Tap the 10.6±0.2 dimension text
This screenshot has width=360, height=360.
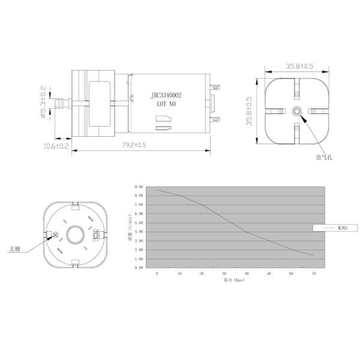pos(56,146)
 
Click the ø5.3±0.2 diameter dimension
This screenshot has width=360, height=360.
pos(43,103)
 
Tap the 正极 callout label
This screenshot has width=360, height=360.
pos(15,248)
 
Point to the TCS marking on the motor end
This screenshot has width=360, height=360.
pos(95,235)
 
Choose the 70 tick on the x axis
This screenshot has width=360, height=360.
pos(313,274)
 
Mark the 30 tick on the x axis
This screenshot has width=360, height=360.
pos(224,274)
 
